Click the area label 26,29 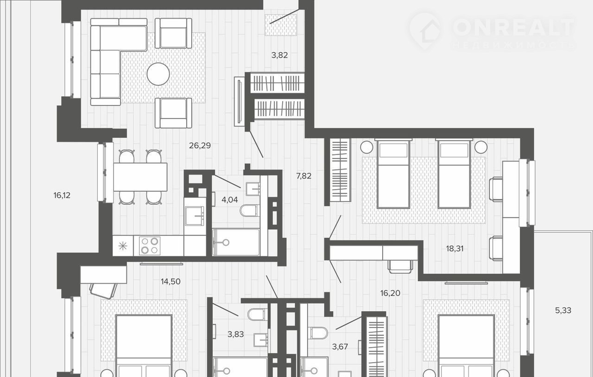pos(200,145)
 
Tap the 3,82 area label pos(279,55)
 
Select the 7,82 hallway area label pos(304,176)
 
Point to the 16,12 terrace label pos(62,195)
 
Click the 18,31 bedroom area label pos(455,249)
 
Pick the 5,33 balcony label pos(563,310)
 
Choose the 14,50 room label pos(171,282)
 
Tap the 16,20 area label pos(390,293)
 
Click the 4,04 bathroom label pos(230,200)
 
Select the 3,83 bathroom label pos(236,334)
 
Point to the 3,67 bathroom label pos(340,347)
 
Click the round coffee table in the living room pos(158,74)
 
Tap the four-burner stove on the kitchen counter pos(147,245)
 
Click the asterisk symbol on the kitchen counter pos(123,246)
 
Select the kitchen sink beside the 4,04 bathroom pos(195,216)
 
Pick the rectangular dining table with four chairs pos(140,177)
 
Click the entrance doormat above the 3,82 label pos(281,25)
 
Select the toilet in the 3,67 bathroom pos(318,333)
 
